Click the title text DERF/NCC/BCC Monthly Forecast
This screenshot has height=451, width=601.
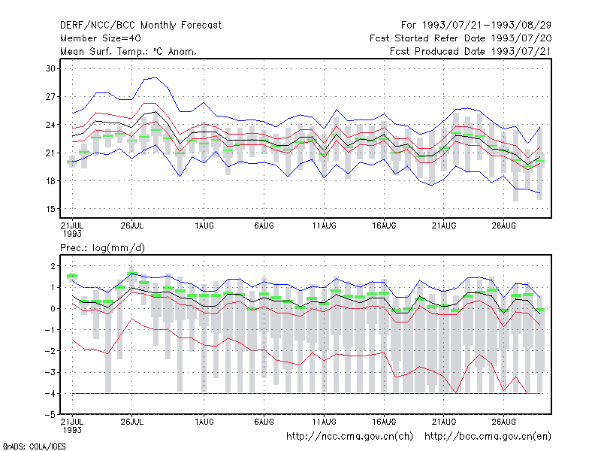pyautogui.click(x=140, y=26)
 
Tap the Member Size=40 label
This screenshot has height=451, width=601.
pyautogui.click(x=101, y=38)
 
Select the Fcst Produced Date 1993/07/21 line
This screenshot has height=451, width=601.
pyautogui.click(x=470, y=51)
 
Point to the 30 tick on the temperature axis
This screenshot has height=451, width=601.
pyautogui.click(x=50, y=68)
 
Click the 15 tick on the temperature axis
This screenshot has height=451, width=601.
pyautogui.click(x=50, y=209)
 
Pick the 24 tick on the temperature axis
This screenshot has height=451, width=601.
pyautogui.click(x=50, y=125)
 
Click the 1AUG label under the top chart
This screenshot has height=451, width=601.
pyautogui.click(x=204, y=225)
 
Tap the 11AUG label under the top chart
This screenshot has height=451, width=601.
pyautogui.click(x=324, y=225)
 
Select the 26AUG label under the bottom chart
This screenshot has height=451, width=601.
pyautogui.click(x=503, y=422)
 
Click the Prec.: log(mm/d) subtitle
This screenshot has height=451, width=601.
pyautogui.click(x=102, y=248)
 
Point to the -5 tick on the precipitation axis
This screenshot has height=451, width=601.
pyautogui.click(x=50, y=415)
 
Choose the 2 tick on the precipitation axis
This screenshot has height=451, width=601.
pyautogui.click(x=53, y=266)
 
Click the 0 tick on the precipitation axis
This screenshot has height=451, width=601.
pyautogui.click(x=53, y=308)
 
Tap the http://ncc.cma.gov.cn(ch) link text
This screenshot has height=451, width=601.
pyautogui.click(x=349, y=437)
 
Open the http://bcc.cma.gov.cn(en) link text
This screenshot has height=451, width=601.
pyautogui.click(x=488, y=437)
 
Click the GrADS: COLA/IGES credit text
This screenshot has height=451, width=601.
pyautogui.click(x=34, y=446)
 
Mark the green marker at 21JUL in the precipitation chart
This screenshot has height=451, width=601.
pyautogui.click(x=72, y=276)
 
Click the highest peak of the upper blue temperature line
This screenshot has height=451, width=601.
pyautogui.click(x=156, y=77)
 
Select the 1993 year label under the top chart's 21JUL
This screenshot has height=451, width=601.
pyautogui.click(x=72, y=234)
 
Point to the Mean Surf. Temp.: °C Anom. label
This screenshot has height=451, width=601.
pyautogui.click(x=128, y=51)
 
